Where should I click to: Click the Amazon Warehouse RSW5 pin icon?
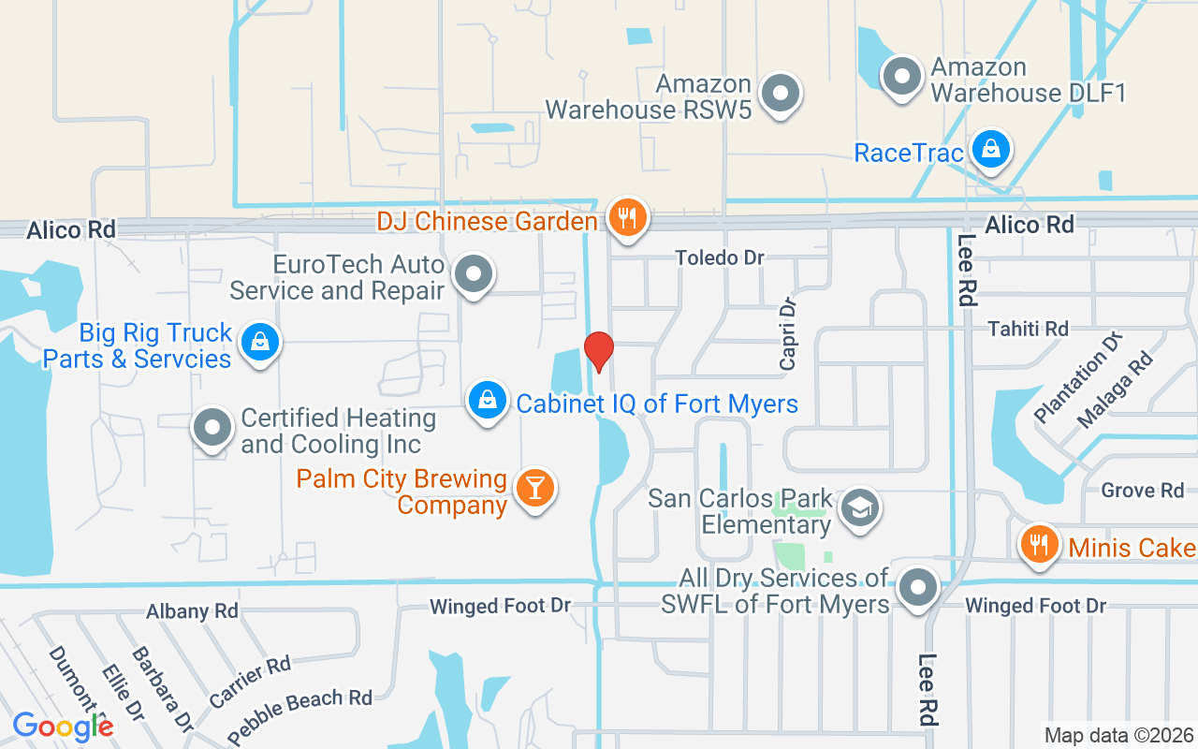780,94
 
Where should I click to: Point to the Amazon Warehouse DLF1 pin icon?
902,77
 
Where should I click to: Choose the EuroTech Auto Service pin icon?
474,275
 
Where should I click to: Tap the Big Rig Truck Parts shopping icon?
259,343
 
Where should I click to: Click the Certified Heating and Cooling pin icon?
212,429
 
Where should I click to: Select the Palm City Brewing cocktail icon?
535,488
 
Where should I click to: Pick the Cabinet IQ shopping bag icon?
487,402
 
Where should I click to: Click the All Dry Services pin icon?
918,589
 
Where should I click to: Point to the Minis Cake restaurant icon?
1038,544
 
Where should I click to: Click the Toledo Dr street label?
720,257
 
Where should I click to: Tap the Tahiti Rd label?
1029,329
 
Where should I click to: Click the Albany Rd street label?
192,611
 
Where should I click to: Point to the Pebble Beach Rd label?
299,711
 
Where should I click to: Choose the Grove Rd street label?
1142,491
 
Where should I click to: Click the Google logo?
63,727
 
